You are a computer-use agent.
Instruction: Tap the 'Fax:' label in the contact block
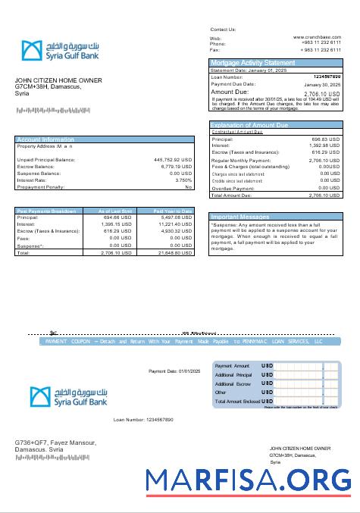214,49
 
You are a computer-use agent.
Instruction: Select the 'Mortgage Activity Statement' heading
252,62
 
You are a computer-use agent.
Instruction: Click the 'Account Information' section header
45,139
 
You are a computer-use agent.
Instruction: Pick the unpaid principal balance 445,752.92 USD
173,160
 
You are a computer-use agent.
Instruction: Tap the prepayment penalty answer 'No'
189,187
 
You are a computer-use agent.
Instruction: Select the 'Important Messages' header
241,217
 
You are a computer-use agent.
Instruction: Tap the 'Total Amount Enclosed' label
236,402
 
